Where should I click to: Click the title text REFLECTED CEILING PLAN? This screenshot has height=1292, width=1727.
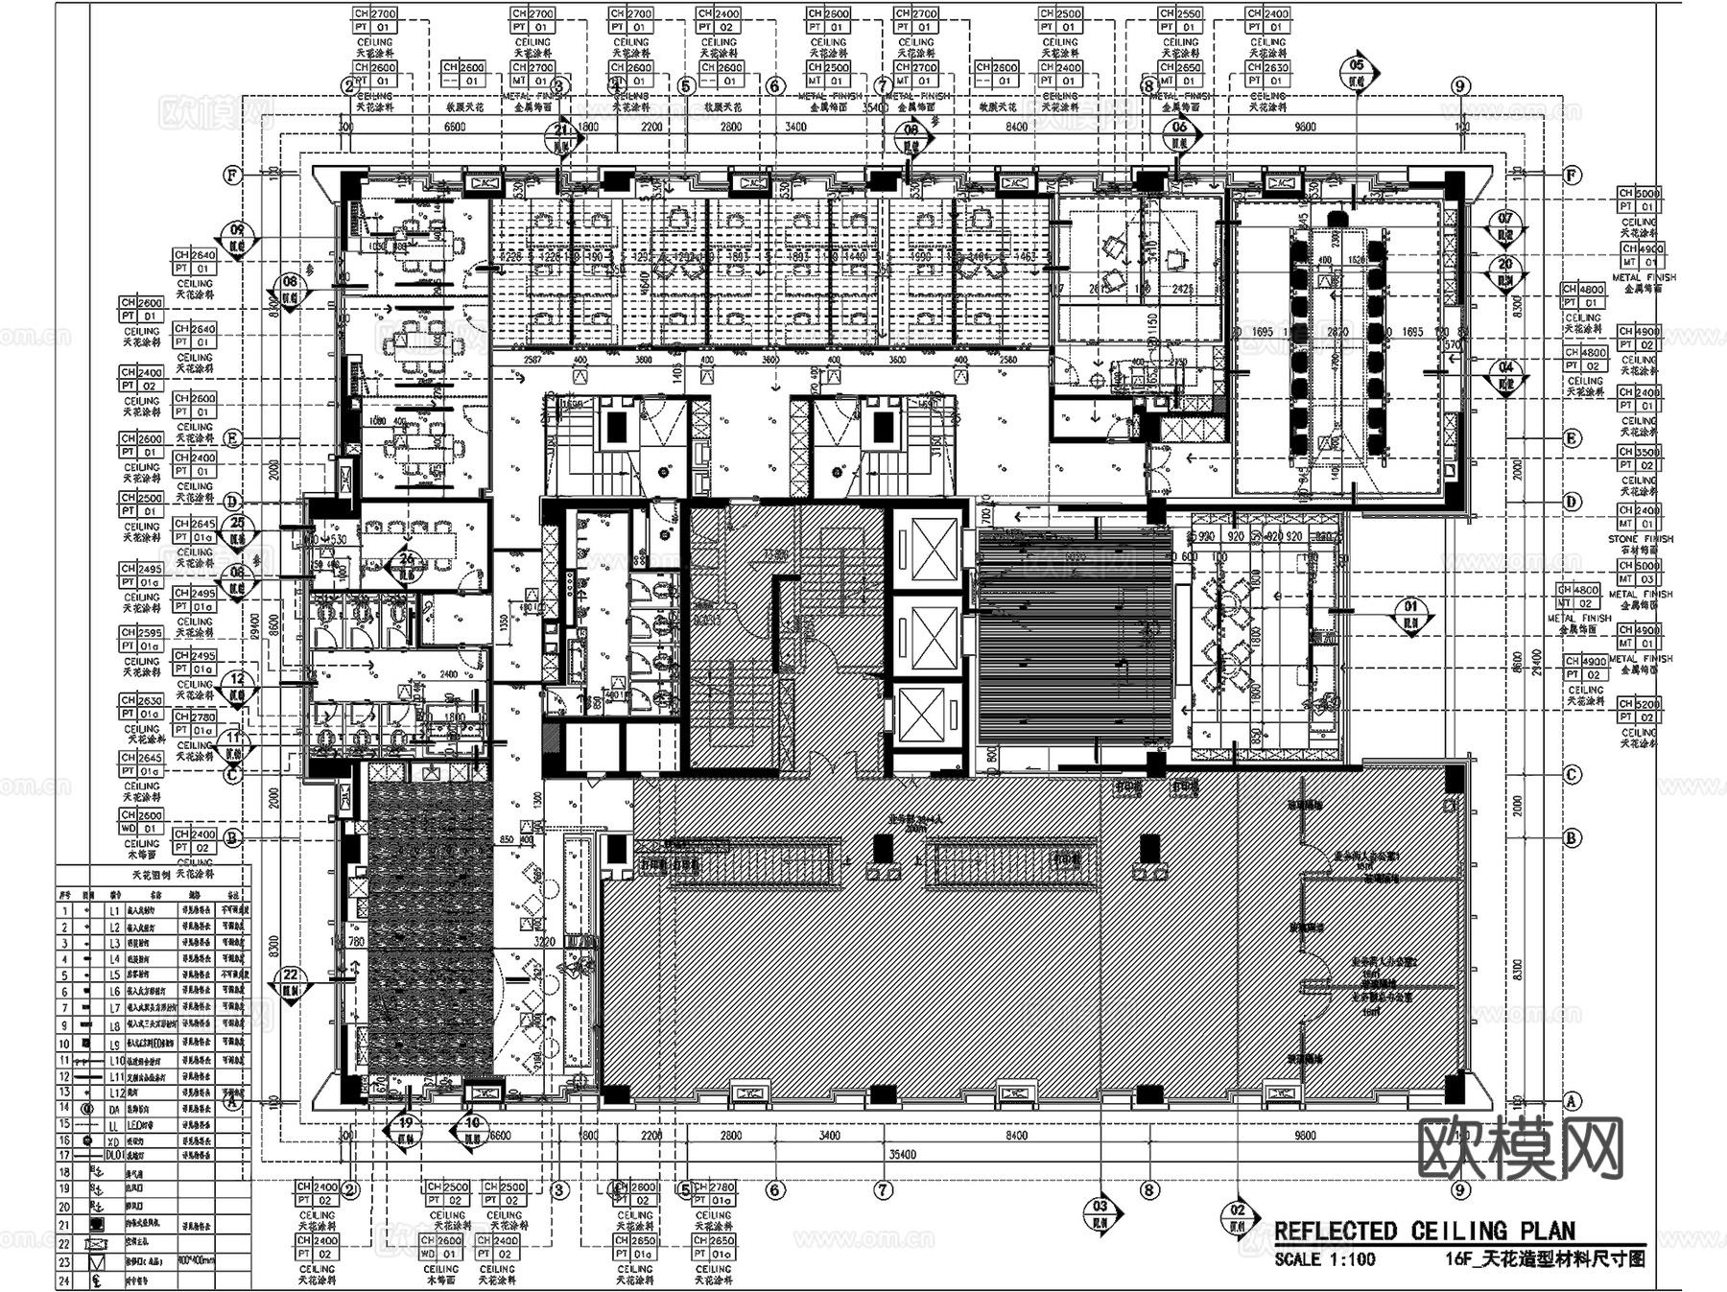[x=1424, y=1231]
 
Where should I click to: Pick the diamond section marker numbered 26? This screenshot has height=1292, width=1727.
[x=407, y=565]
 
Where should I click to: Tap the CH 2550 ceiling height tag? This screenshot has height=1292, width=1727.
[x=1179, y=14]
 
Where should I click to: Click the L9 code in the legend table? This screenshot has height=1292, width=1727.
[x=114, y=1044]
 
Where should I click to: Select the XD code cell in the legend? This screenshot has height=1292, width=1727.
[x=114, y=1140]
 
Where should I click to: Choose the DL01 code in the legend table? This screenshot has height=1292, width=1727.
[x=114, y=1156]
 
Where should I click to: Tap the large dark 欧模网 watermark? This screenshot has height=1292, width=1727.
[x=1521, y=1147]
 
